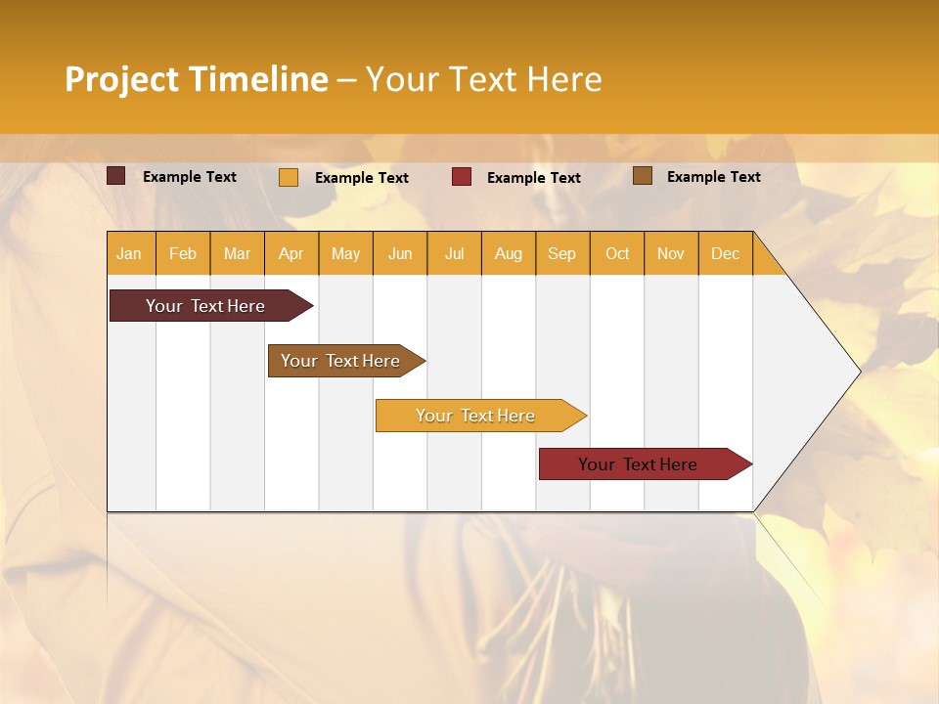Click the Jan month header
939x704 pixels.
[x=129, y=253]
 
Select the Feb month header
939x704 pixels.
[x=183, y=253]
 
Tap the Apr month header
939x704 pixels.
[x=291, y=253]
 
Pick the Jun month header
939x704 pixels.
[x=400, y=253]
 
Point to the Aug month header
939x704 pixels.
[x=508, y=253]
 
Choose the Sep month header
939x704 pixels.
[x=561, y=253]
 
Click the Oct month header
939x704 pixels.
[x=617, y=253]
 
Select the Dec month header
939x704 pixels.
[x=725, y=253]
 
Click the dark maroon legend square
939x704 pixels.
[x=116, y=176]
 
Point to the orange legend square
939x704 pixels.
[x=289, y=177]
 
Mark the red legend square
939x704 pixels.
[x=462, y=177]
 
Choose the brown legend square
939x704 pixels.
[x=642, y=176]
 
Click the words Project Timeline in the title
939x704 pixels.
[x=197, y=79]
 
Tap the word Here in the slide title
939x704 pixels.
[x=564, y=79]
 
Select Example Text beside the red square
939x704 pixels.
[x=533, y=178]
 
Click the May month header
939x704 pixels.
[x=345, y=253]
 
